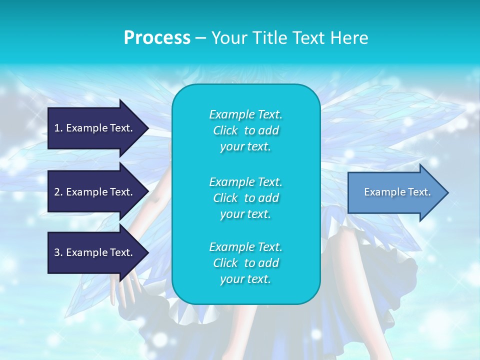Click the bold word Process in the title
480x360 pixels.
pos(157,38)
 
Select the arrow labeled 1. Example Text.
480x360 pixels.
pos(95,128)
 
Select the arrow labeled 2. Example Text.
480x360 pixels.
pos(95,192)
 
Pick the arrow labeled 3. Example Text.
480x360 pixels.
pos(95,252)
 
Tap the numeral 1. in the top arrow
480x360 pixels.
pos(58,128)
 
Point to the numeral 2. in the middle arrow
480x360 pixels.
pos(58,192)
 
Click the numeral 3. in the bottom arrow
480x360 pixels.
pos(58,252)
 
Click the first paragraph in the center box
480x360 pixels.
pos(245,130)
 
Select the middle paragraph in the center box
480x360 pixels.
pos(245,197)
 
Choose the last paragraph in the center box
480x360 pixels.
pos(245,263)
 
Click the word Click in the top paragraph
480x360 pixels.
pos(225,131)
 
